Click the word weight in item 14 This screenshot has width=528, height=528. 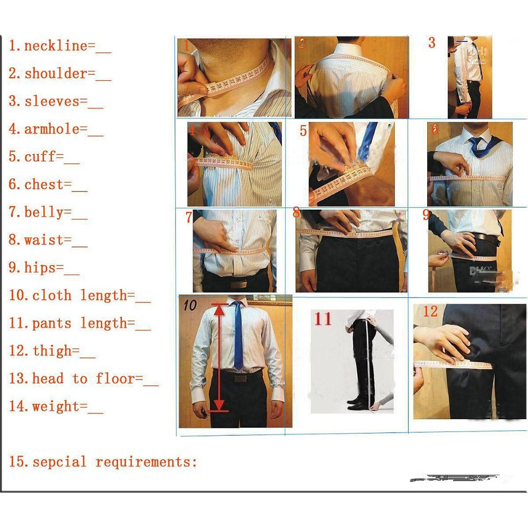coord(55,406)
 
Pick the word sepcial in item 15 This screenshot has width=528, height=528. coord(59,462)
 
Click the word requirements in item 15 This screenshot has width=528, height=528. coord(146,462)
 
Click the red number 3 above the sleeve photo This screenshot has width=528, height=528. coord(432,43)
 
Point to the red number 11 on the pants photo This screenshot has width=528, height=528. coord(323,319)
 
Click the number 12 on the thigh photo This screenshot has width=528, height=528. coord(430,312)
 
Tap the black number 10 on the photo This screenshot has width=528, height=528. coord(190,306)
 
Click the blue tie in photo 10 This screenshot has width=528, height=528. coord(238,334)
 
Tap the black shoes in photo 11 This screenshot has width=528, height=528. coord(357,403)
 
